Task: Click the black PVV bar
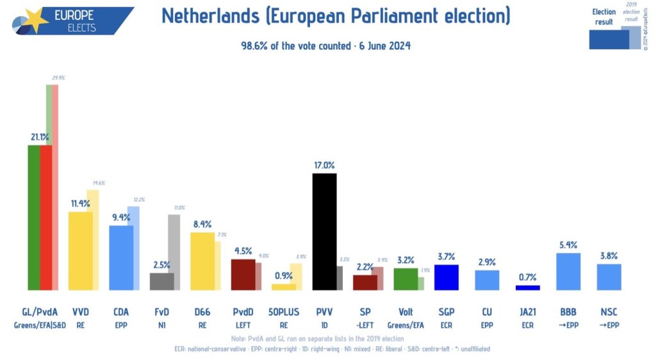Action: pos(324,232)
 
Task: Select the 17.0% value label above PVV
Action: pos(324,165)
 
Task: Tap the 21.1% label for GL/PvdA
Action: pos(40,136)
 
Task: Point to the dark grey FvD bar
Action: pos(161,282)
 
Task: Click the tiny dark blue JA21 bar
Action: pos(528,288)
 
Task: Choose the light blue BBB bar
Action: pos(568,272)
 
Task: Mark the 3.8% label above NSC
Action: pos(609,255)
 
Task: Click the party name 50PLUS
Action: pos(284,312)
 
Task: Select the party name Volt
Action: pos(406,312)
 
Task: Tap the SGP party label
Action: pos(447,312)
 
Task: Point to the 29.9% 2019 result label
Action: pos(58,78)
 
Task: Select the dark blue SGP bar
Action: pos(447,277)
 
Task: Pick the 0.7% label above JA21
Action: pos(528,277)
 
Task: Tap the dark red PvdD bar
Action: pos(243,275)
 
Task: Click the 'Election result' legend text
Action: pos(603,17)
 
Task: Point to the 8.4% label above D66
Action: pos(202,224)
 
